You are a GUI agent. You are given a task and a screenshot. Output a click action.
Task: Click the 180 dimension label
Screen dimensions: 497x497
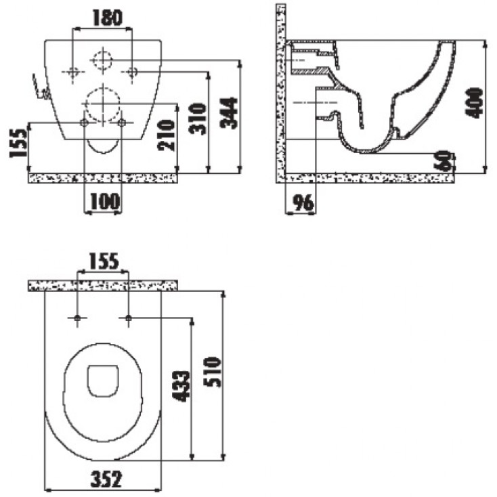click(x=107, y=18)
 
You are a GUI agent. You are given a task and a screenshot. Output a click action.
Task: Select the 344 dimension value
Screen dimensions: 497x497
click(x=229, y=113)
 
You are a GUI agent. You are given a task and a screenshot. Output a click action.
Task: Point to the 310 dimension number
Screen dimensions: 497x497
click(x=198, y=118)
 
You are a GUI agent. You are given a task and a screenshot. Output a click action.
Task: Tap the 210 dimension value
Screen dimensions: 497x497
click(x=166, y=135)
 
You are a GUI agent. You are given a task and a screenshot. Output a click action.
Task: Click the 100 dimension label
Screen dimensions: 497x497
click(x=105, y=202)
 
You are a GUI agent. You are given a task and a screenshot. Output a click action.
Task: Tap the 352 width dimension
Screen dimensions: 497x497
click(x=106, y=479)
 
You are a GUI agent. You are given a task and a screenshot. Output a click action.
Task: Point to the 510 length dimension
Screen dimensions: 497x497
click(x=212, y=372)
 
